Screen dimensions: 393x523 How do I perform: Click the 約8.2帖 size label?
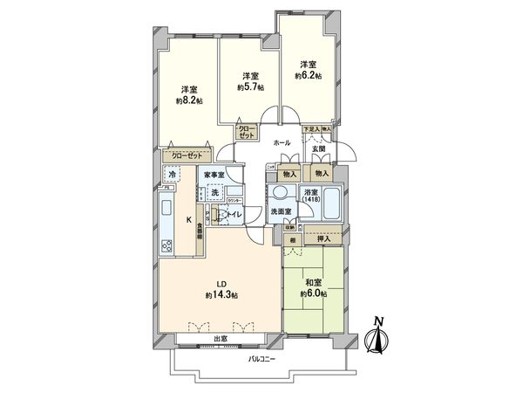(188, 100)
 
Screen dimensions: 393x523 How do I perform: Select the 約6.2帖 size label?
(308, 76)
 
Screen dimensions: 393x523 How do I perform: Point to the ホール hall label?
(282, 141)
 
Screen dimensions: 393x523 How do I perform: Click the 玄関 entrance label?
(320, 149)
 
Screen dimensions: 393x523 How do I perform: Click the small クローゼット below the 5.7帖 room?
(248, 133)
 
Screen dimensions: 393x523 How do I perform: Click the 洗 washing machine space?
(214, 191)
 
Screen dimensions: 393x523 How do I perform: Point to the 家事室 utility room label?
(214, 175)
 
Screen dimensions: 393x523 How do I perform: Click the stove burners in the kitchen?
(166, 245)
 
